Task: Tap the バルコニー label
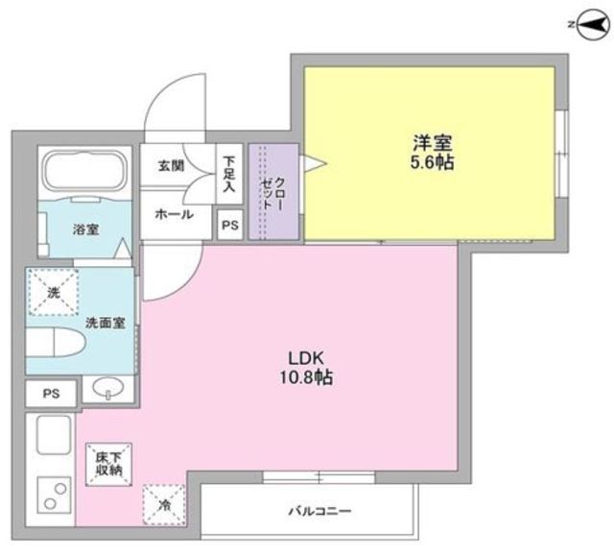(318, 510)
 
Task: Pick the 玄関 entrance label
(172, 165)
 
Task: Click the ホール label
(174, 213)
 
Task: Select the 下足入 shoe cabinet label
(229, 170)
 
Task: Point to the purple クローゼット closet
(272, 192)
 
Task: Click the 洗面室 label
(105, 323)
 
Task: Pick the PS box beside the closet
(229, 225)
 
